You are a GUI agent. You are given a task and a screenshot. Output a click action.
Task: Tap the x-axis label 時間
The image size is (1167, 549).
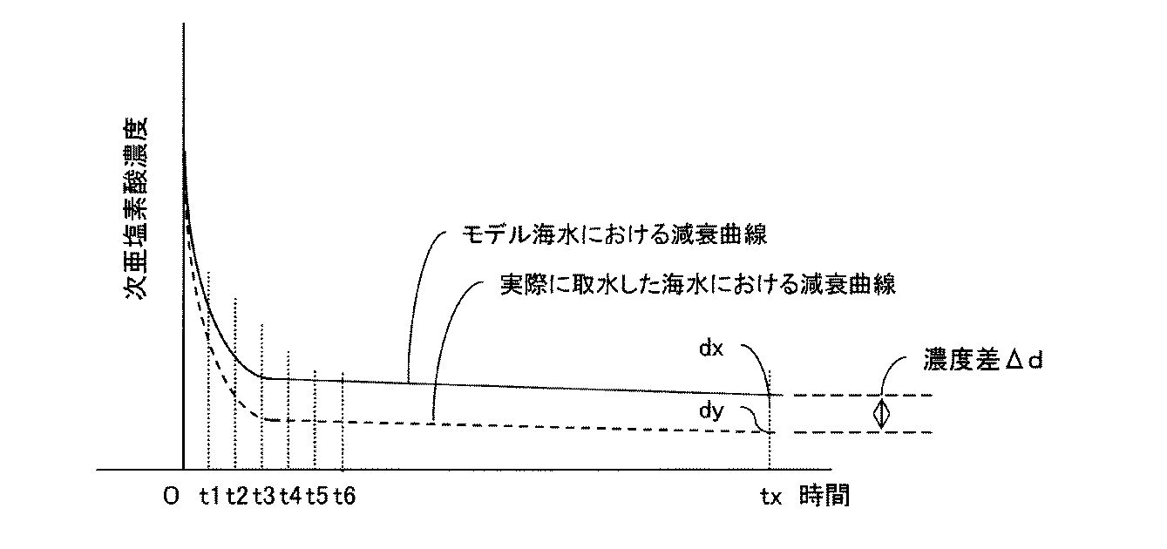click(x=824, y=496)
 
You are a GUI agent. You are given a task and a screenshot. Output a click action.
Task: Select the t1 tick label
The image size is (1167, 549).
click(x=209, y=496)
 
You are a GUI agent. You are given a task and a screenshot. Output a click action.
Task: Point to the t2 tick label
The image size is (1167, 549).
click(x=236, y=496)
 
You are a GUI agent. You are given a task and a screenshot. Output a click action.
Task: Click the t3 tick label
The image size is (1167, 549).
click(x=263, y=496)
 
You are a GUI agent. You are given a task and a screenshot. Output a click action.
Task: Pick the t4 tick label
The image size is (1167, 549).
click(x=290, y=496)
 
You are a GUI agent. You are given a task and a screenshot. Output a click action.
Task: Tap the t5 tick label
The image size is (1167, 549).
click(x=317, y=496)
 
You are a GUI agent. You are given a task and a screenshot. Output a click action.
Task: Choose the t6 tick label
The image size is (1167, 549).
click(x=344, y=496)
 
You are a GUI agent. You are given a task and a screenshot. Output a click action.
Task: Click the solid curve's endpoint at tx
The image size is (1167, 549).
click(x=770, y=395)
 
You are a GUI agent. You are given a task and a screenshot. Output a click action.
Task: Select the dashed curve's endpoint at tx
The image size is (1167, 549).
click(x=770, y=432)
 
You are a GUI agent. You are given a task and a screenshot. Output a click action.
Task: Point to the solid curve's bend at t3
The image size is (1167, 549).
click(x=263, y=376)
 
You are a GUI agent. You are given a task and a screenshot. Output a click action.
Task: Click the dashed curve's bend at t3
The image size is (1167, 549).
click(x=264, y=419)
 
